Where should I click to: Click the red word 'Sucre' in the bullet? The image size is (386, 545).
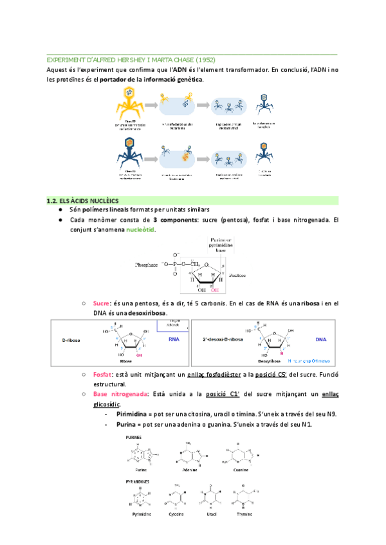102,303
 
